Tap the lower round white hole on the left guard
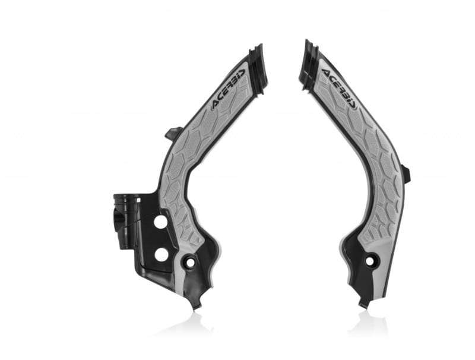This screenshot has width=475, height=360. pyautogui.click(x=161, y=254)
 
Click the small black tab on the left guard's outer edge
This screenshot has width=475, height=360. pyautogui.click(x=172, y=132)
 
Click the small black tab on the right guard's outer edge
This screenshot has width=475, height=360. pyautogui.click(x=406, y=174)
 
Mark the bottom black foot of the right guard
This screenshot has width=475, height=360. pyautogui.click(x=363, y=304)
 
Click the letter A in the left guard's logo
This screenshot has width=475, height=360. pyautogui.click(x=217, y=103)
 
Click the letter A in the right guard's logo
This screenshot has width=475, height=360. pyautogui.click(x=326, y=73)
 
